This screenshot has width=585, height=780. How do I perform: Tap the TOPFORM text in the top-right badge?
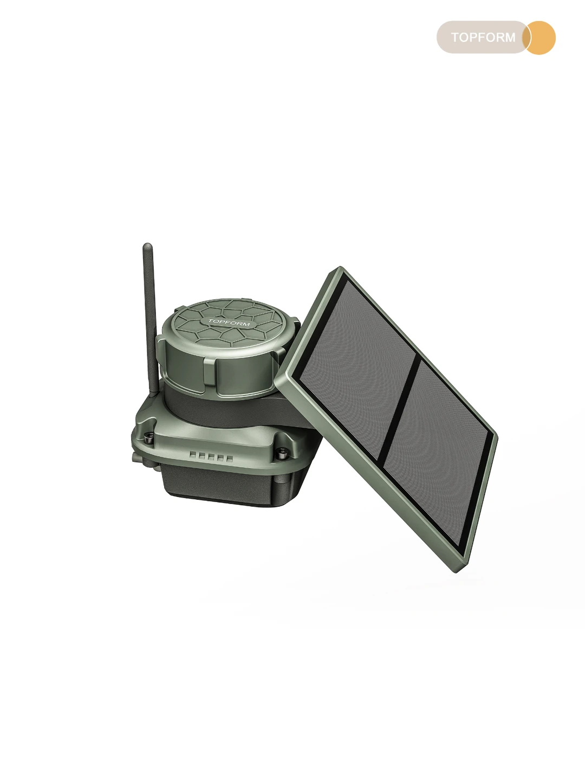point(483,37)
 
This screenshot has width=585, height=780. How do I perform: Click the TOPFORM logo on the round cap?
point(229,323)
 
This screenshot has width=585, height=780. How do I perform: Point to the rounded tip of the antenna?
point(147,246)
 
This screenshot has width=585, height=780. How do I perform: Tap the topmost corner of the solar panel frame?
point(340,267)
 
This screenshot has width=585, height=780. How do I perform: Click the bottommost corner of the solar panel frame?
point(457,571)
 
